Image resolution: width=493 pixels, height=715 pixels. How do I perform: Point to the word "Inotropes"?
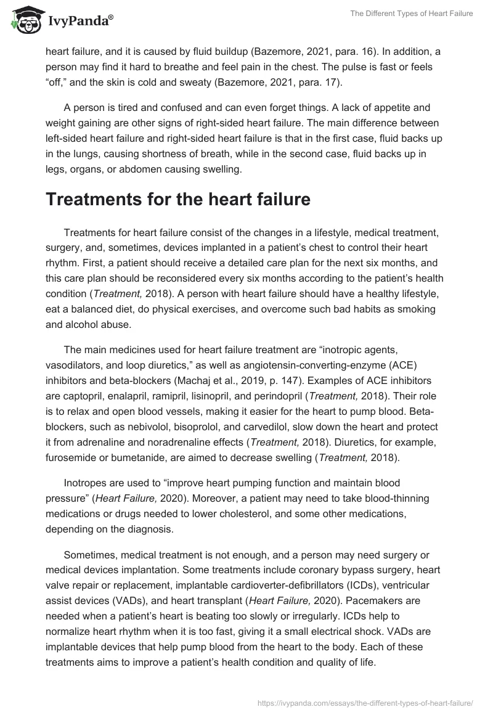[86, 484]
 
